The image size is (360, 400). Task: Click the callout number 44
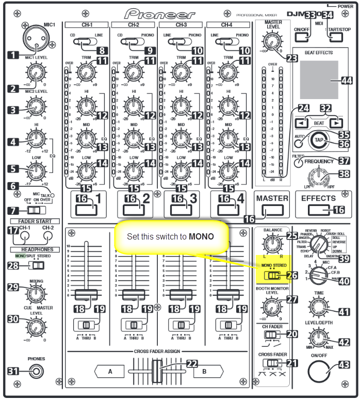point(346,80)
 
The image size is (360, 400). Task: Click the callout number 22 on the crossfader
point(192,363)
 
